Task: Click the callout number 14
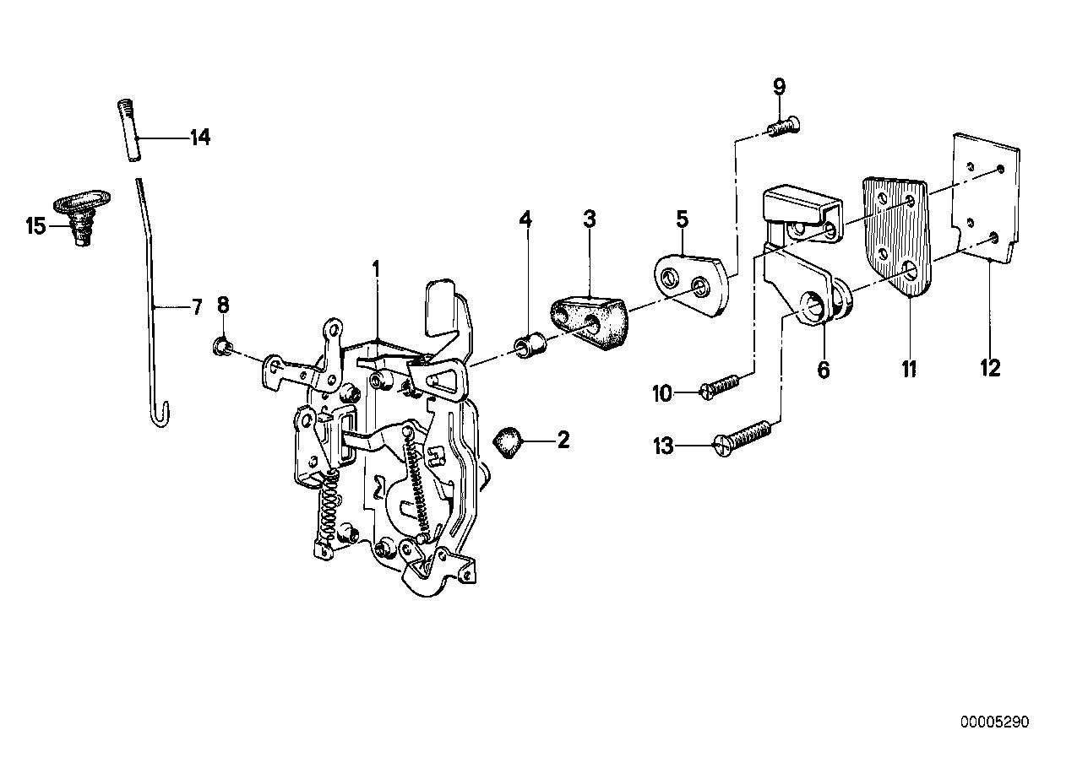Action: [199, 137]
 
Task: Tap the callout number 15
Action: [35, 226]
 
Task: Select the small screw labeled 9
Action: [785, 127]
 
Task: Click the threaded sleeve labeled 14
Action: [125, 132]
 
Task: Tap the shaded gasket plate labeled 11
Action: [895, 236]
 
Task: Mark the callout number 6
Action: [824, 370]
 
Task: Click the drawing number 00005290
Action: [994, 722]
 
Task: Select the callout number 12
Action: [990, 368]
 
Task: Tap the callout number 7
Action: [197, 306]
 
